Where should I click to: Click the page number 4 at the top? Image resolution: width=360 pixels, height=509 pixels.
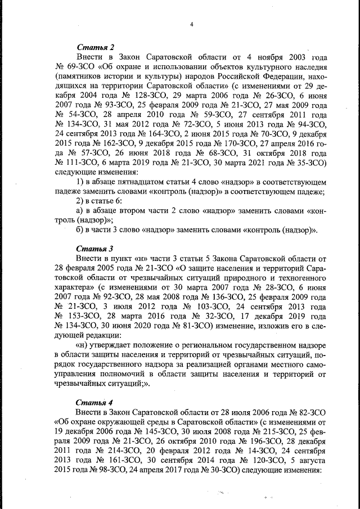point(192,24)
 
